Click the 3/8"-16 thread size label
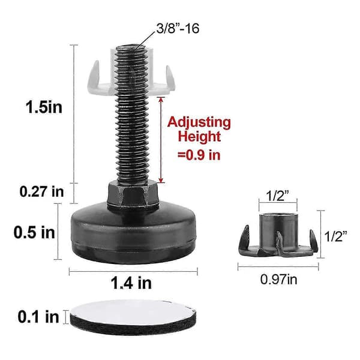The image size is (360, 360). click(178, 29)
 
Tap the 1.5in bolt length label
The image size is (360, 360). click(44, 107)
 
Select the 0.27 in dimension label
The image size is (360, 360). click(41, 191)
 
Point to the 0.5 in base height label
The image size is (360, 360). click(34, 232)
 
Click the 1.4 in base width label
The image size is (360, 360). click(131, 283)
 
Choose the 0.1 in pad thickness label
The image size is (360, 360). click(38, 317)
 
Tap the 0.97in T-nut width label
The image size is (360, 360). click(278, 280)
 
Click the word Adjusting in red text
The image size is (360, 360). click(199, 123)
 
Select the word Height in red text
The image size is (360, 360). click(199, 136)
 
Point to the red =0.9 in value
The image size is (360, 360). click(199, 155)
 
